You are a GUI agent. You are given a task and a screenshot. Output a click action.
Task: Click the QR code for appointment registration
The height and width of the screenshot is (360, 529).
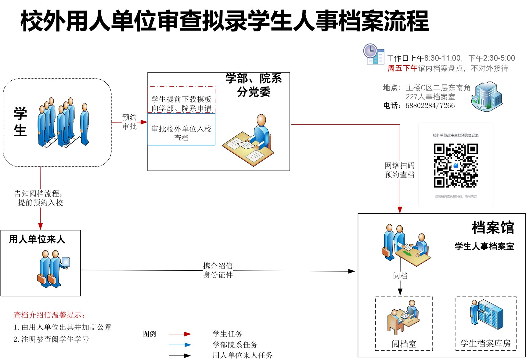455,166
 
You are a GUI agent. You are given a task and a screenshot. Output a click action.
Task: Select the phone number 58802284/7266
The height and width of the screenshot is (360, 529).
430,106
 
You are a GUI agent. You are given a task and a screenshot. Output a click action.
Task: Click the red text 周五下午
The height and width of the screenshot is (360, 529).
402,68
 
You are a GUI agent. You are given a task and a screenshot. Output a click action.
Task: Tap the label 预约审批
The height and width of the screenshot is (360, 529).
129,122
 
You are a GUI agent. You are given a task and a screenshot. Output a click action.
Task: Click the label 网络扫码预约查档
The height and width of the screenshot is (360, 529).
399,170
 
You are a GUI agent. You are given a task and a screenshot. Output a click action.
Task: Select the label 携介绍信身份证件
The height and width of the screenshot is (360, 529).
218,270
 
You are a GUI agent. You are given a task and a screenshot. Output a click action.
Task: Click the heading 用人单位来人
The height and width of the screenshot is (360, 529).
37,239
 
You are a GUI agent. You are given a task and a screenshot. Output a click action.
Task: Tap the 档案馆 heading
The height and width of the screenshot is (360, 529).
492,228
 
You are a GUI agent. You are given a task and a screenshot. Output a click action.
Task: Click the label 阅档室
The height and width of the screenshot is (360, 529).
404,344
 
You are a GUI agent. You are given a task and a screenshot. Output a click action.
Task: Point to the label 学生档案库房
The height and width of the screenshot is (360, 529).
485,344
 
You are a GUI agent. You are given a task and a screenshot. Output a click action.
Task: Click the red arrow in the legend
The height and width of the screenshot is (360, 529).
180,334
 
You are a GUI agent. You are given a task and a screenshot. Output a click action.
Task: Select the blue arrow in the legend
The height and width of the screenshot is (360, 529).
180,345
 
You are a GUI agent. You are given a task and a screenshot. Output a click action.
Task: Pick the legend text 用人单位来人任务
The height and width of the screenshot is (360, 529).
242,355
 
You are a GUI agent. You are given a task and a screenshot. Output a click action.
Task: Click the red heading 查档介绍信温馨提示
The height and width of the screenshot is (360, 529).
49,315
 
